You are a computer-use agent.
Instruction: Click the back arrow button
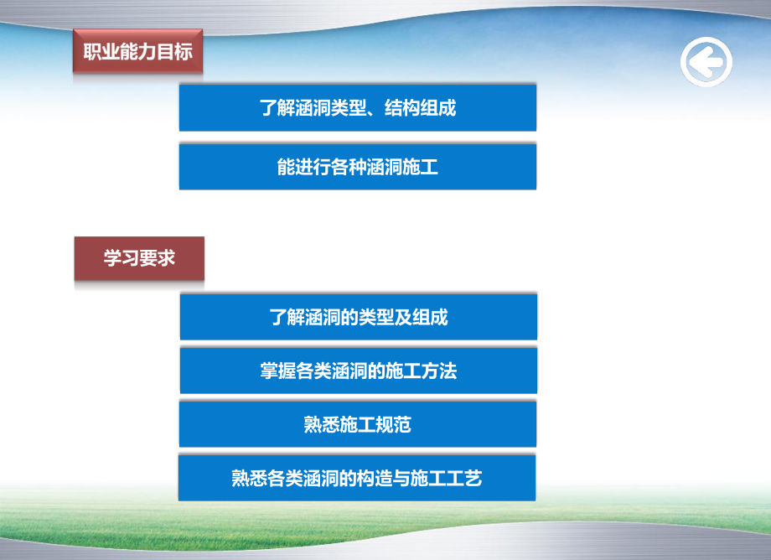[706, 62]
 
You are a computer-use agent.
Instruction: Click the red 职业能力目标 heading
[137, 52]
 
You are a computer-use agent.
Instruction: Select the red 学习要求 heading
[139, 258]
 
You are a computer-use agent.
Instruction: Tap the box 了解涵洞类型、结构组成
[358, 107]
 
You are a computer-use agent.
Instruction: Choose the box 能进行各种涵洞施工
[358, 167]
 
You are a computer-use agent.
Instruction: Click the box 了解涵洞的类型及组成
[358, 317]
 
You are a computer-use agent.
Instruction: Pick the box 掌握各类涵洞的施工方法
[358, 371]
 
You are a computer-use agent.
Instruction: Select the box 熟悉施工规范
[358, 424]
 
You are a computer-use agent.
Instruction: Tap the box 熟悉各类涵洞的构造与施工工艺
[358, 478]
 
